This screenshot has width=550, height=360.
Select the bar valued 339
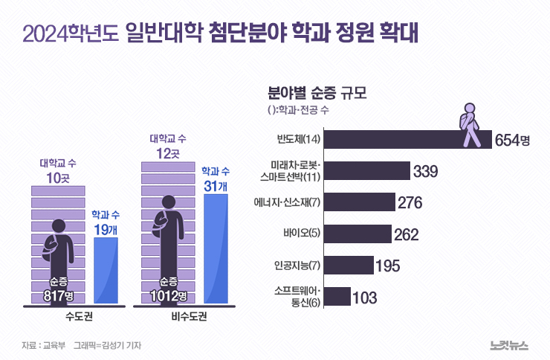pos(368,171)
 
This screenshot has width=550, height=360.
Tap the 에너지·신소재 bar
pos(360,202)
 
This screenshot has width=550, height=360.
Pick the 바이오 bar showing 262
pos(358,234)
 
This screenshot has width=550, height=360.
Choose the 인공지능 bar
pos(349,266)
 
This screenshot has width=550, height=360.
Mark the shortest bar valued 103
pos(338,297)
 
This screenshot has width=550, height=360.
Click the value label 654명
pos(513,140)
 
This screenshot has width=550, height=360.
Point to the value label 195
pos(388,266)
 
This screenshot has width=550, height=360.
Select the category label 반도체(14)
pos(297,140)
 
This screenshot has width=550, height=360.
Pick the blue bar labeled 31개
pos(215,249)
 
